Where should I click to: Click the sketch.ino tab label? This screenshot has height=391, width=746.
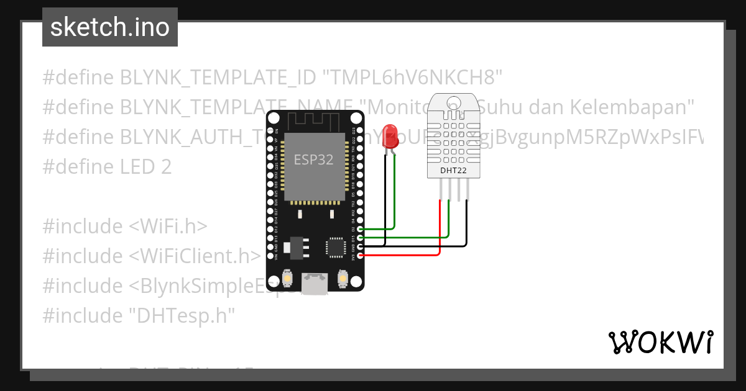pos(109,27)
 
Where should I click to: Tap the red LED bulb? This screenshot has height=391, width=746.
pos(390,136)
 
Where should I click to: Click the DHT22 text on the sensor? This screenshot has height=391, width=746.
pos(453,170)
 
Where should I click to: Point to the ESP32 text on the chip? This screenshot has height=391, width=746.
pos(313,160)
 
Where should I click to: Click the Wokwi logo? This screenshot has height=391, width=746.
pos(660,342)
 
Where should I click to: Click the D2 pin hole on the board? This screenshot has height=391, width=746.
pos(361,230)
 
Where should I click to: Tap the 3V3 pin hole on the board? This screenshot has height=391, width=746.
pos(361,256)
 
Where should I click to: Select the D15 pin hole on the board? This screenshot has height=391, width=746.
pos(361,238)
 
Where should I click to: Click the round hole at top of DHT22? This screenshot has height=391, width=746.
pos(454,101)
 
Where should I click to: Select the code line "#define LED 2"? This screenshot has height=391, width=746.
pos(107,167)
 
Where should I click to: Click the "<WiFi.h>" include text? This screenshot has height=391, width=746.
pos(168,227)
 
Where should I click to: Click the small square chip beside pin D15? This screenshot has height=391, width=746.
pos(336,246)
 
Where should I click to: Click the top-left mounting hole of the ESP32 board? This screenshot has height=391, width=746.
pos(274,118)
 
